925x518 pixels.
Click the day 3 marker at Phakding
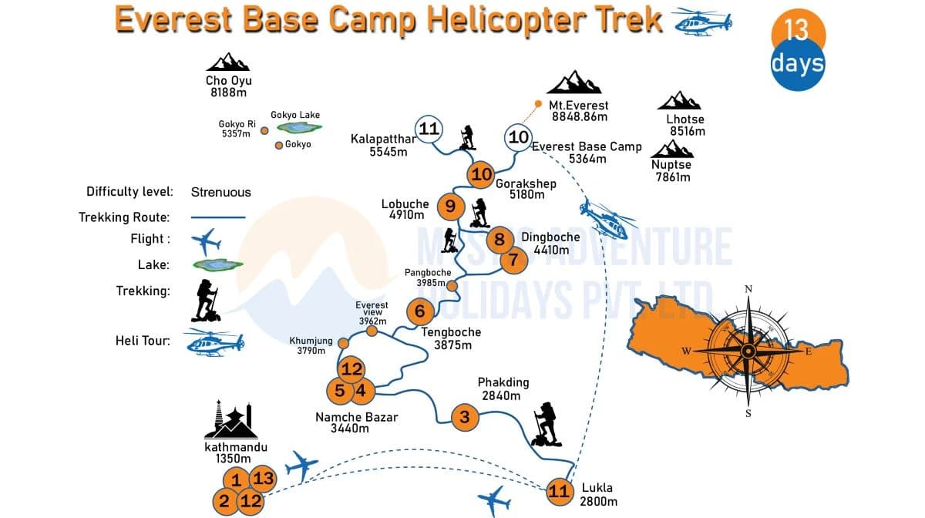(x=464, y=417)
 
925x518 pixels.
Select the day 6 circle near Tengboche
(x=419, y=311)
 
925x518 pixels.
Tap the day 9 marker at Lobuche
(x=450, y=206)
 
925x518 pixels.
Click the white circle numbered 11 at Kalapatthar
(x=429, y=129)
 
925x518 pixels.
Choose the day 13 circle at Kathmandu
(x=263, y=479)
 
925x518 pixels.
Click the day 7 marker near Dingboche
(x=513, y=260)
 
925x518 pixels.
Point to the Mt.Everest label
(x=578, y=105)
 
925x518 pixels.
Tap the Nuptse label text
(x=671, y=165)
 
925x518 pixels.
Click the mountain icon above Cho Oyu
(x=228, y=62)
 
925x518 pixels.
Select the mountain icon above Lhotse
(x=679, y=101)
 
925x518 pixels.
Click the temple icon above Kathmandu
(x=232, y=420)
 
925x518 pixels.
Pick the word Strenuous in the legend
(x=220, y=192)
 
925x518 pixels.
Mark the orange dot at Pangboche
(x=452, y=286)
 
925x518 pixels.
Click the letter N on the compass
(x=748, y=289)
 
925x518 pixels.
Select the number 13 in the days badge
(x=796, y=29)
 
